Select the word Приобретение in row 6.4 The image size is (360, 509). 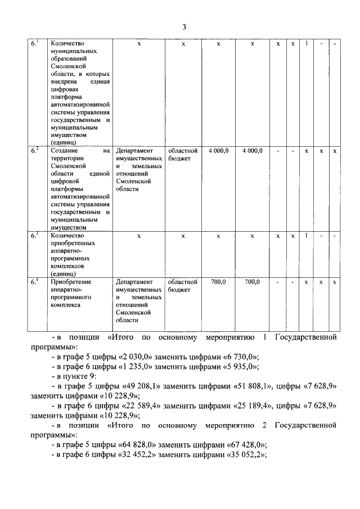(x=71, y=282)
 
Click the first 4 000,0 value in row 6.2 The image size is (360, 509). (x=218, y=151)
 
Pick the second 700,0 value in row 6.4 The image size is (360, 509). (x=252, y=282)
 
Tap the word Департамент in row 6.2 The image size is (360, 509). (x=134, y=151)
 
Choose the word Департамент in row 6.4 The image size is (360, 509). (x=134, y=282)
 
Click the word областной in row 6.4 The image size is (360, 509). (x=183, y=282)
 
